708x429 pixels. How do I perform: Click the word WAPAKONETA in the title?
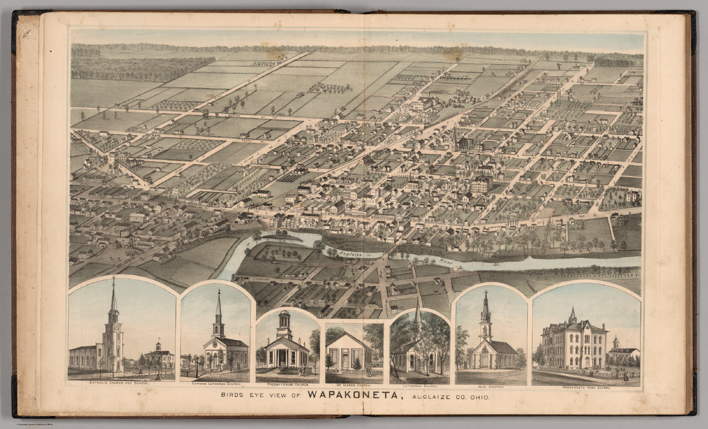coord(352,395)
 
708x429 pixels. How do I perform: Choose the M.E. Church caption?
coord(491,387)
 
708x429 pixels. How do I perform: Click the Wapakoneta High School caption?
coord(586,388)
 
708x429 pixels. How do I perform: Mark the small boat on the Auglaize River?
coord(496,265)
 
